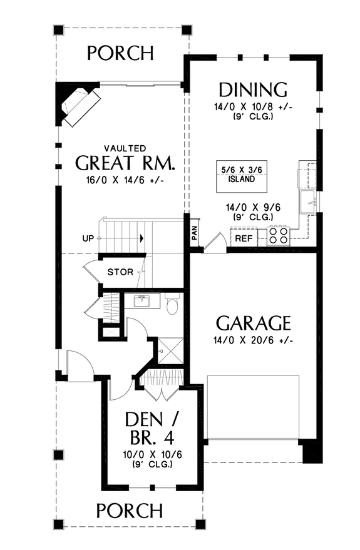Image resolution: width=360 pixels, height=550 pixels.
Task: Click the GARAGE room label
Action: pos(253,323)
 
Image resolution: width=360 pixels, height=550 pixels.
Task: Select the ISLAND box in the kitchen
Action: pos(237,174)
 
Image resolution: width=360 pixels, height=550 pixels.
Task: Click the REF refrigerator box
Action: pos(244,238)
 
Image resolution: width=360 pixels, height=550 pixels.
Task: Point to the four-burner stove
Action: pos(279,236)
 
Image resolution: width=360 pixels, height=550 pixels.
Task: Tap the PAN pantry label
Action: pos(195,233)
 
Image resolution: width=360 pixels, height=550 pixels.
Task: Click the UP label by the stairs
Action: pos(88,238)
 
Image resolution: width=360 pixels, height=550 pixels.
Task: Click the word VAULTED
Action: pos(125,148)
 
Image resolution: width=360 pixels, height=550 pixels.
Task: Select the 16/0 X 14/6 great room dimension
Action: pos(125,180)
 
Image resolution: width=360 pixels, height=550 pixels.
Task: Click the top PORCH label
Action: pos(120,53)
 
